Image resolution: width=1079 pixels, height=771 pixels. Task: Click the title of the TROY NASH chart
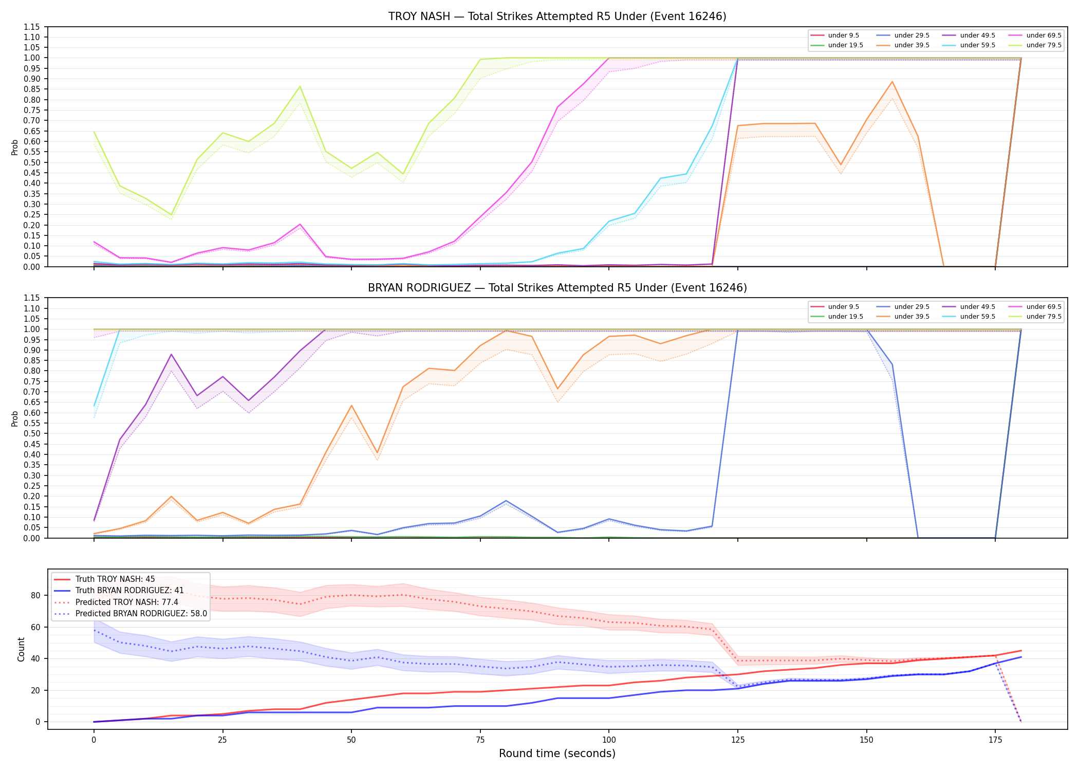click(x=557, y=16)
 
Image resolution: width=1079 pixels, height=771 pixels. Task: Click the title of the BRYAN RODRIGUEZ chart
click(x=557, y=288)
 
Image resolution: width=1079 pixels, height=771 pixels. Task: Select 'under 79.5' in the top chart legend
click(x=1044, y=45)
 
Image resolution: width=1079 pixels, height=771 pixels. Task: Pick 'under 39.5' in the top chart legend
click(x=911, y=45)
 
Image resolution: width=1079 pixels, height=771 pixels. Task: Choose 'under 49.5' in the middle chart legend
click(x=977, y=307)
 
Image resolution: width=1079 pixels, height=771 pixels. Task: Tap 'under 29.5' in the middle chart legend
click(x=911, y=307)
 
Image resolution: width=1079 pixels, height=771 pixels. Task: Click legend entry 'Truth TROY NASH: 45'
click(x=115, y=579)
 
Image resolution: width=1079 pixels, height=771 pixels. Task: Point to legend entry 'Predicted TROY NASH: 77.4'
click(x=127, y=602)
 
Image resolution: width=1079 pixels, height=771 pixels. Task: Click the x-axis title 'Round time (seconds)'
click(x=557, y=754)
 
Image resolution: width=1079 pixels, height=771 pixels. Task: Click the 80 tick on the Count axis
click(x=35, y=596)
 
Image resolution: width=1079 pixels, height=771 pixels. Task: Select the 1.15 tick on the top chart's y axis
click(x=31, y=27)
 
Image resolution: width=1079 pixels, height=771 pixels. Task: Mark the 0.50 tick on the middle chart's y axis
click(x=31, y=434)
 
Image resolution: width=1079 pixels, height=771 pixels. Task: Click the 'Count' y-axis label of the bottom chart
click(x=21, y=649)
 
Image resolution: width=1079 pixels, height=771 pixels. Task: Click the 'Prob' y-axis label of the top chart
click(x=15, y=148)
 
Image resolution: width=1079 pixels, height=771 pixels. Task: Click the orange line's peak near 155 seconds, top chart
click(x=892, y=81)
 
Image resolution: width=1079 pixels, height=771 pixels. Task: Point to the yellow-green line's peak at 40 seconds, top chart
click(x=300, y=86)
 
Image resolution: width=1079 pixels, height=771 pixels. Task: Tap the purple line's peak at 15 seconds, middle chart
click(x=171, y=354)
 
